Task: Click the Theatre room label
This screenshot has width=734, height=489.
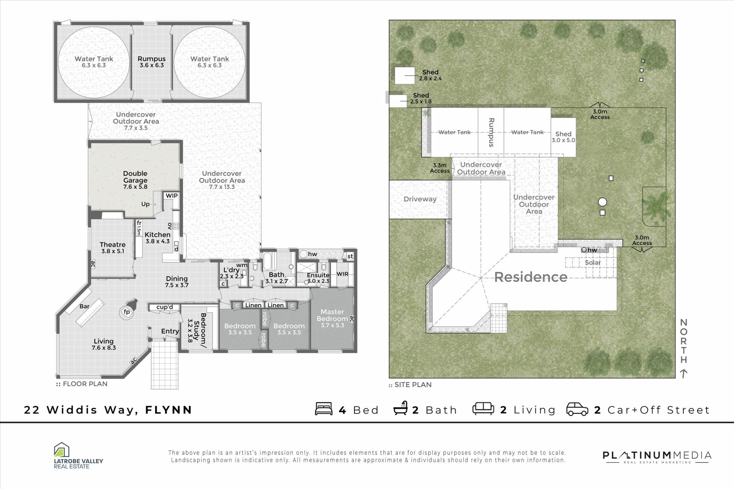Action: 113,248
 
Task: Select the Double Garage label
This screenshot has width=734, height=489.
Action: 135,180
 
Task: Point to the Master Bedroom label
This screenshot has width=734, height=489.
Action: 333,319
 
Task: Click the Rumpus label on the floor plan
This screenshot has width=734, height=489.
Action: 152,62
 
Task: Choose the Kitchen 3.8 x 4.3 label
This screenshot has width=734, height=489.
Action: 158,238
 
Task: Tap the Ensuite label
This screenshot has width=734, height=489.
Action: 318,278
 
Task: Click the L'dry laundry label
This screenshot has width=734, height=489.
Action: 232,273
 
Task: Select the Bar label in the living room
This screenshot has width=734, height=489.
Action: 84,306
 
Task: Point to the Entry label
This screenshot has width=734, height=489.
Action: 170,331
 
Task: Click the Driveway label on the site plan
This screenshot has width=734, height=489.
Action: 420,199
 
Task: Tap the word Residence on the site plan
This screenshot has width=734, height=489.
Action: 531,277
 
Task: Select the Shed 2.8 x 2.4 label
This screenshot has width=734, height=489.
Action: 430,75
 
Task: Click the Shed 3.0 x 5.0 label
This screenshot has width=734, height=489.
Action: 563,137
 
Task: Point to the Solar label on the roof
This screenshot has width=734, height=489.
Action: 593,262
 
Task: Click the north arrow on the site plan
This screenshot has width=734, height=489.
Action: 684,373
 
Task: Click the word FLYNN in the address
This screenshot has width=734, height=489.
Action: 169,410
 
